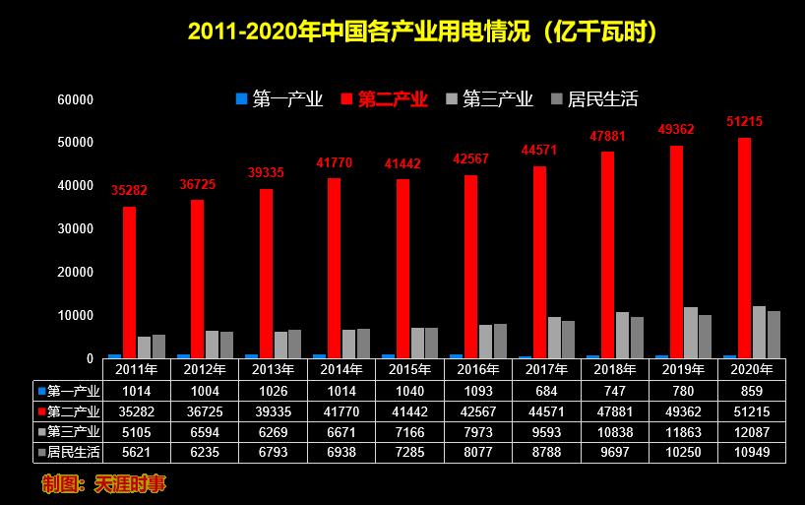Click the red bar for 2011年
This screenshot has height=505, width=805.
[129, 283]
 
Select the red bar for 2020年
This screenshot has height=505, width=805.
[744, 248]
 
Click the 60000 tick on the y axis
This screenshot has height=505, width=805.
[76, 99]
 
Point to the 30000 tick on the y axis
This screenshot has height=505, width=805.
[76, 228]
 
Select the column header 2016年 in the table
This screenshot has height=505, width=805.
[478, 370]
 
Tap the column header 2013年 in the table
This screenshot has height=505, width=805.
[274, 370]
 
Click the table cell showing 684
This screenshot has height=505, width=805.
[546, 390]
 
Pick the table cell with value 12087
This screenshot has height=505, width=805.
[752, 431]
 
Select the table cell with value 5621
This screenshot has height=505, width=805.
[136, 452]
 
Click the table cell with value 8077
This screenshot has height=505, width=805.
[478, 452]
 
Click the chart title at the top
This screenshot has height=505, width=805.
[423, 32]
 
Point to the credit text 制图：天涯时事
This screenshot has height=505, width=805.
[103, 483]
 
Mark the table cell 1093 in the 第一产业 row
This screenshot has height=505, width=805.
[478, 390]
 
